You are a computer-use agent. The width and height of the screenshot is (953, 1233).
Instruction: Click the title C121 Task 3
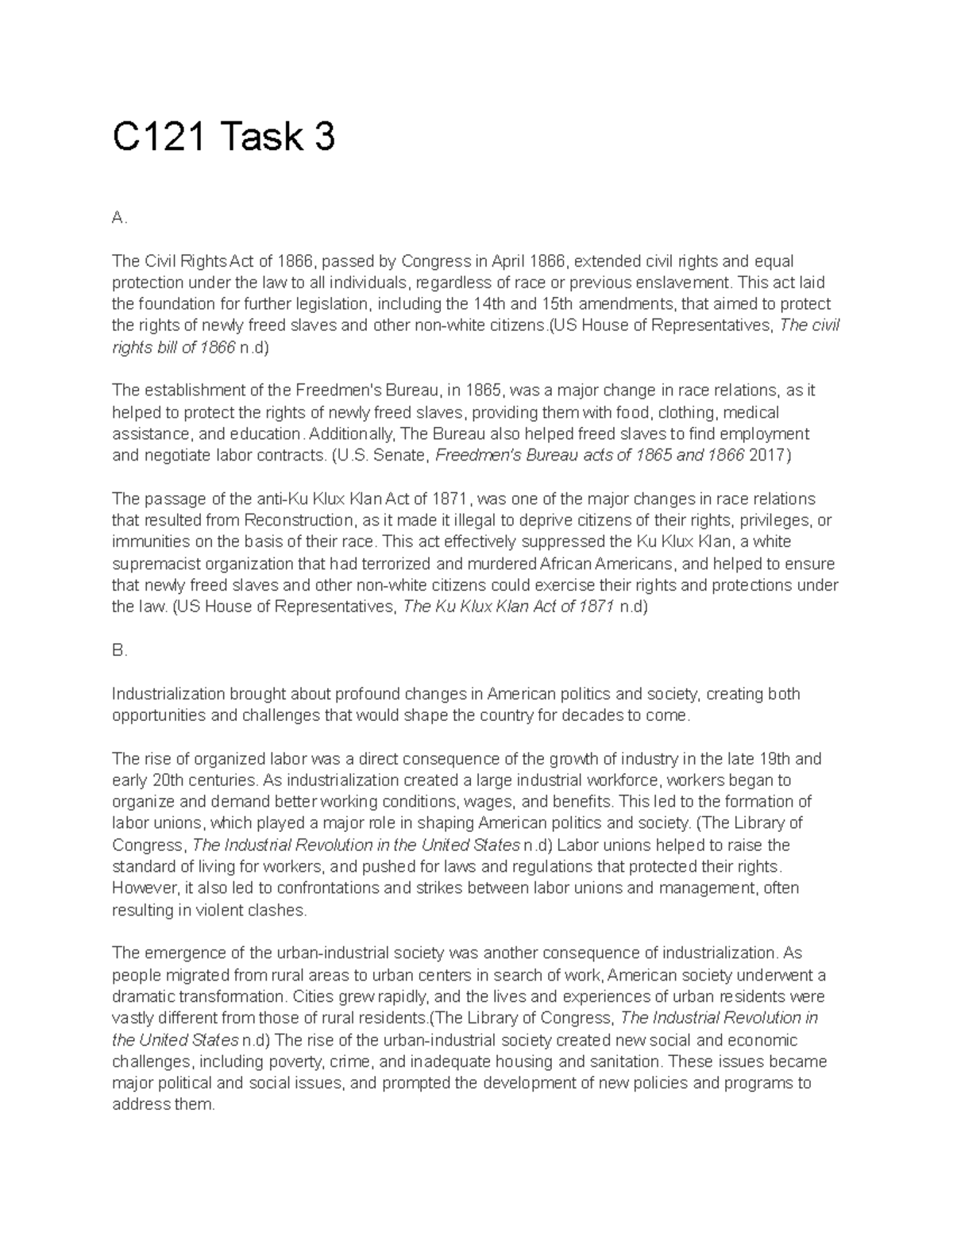[x=223, y=137]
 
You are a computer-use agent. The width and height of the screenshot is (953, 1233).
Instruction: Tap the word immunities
[x=148, y=541]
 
